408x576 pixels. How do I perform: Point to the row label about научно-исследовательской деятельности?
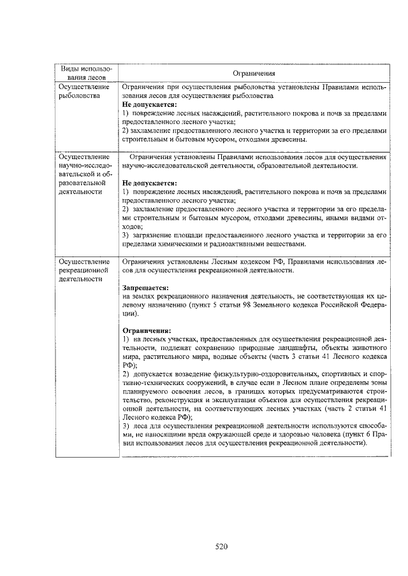(x=84, y=172)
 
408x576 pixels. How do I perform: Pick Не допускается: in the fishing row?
(x=150, y=104)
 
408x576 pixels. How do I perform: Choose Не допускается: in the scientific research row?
(x=150, y=183)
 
